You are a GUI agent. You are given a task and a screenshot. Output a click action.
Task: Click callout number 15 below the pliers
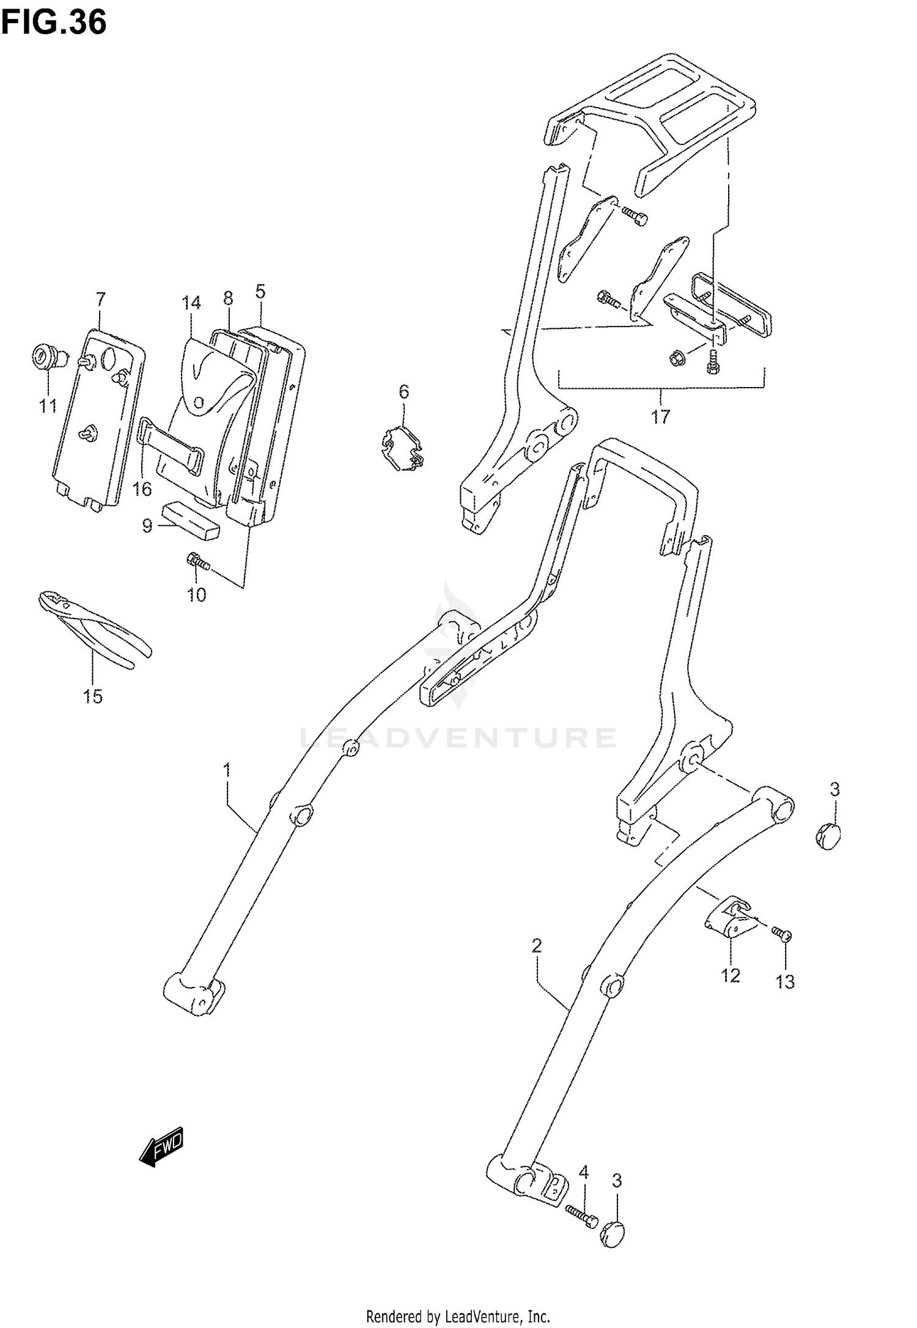click(x=93, y=696)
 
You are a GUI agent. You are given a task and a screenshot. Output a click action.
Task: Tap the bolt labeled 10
click(x=197, y=561)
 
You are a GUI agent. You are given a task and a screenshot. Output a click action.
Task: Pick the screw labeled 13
click(x=781, y=950)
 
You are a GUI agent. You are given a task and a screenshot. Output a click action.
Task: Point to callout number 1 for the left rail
click(x=227, y=770)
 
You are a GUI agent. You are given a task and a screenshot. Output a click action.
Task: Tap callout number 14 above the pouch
click(x=191, y=303)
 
